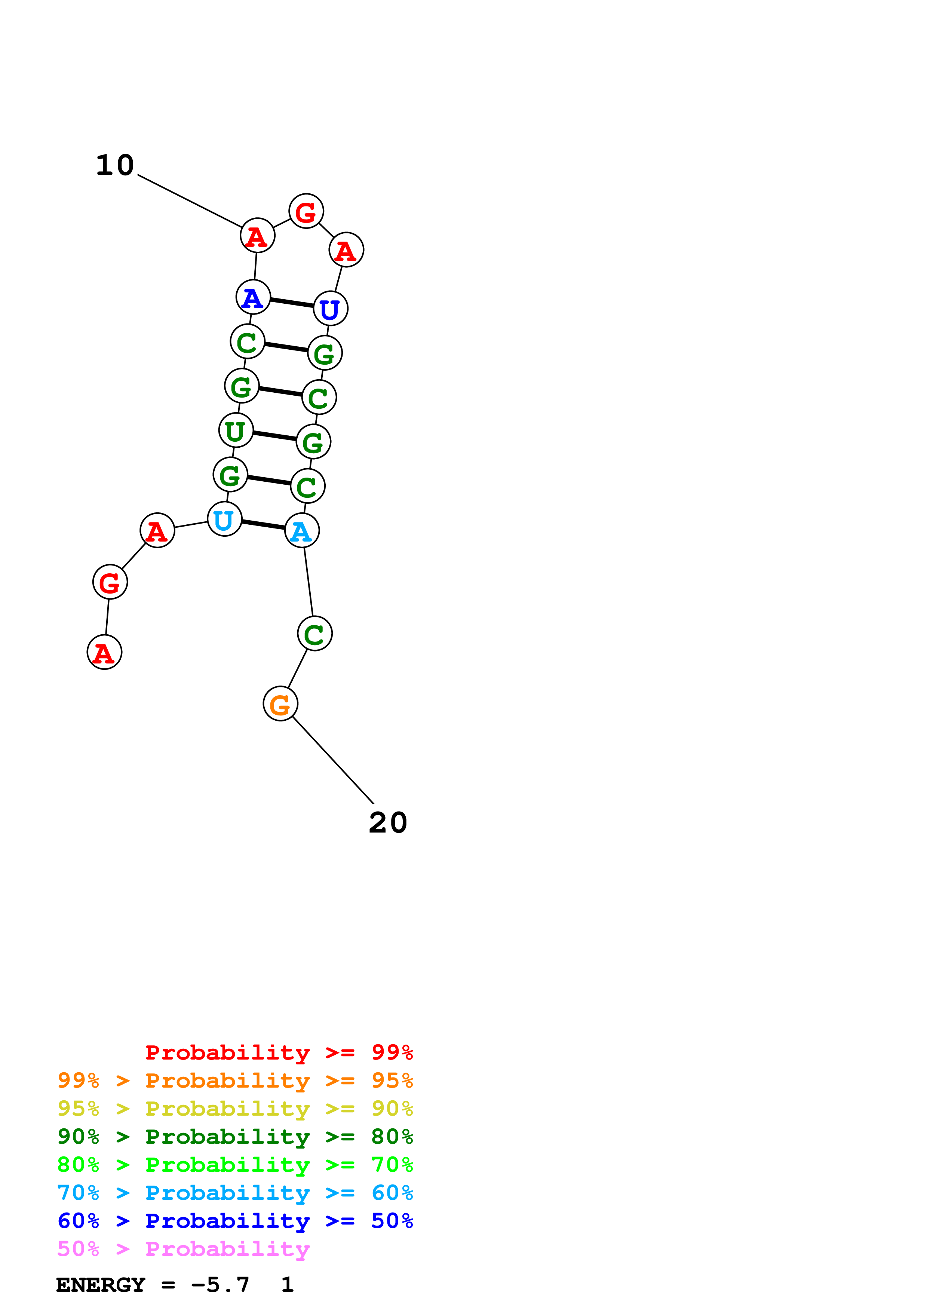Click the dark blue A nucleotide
coord(253,297)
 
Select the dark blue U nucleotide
coord(330,309)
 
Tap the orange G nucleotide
coord(280,703)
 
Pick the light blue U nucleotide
coord(224,519)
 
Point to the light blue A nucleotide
coord(301,531)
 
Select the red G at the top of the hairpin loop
coord(306,211)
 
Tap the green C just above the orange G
coord(314,634)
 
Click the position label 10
coord(115,166)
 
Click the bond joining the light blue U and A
coord(263,525)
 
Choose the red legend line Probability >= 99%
coord(279,1052)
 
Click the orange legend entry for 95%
coord(235,1080)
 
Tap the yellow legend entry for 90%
coord(235,1109)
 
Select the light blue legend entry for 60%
coord(235,1193)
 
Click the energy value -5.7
coord(220,1285)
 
